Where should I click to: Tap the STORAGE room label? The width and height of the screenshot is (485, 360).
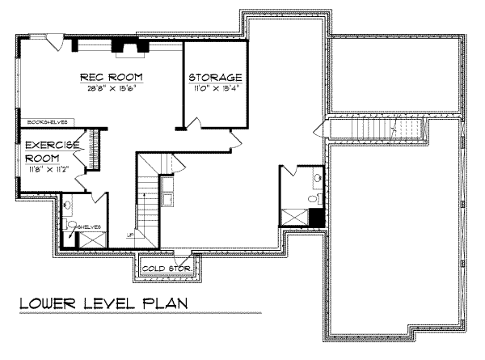(x=216, y=78)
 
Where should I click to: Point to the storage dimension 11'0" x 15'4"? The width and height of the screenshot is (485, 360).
(x=216, y=88)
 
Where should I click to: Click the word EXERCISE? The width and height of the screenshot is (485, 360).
(x=51, y=145)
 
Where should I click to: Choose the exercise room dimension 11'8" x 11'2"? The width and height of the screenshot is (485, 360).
(x=51, y=170)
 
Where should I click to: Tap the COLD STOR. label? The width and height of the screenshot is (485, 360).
(x=167, y=267)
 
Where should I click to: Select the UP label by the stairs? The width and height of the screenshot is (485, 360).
(x=129, y=235)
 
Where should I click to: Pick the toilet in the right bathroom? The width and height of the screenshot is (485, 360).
(x=318, y=198)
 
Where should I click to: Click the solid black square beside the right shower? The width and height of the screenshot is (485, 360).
(x=317, y=217)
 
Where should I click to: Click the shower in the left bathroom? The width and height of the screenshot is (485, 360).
(x=90, y=239)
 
